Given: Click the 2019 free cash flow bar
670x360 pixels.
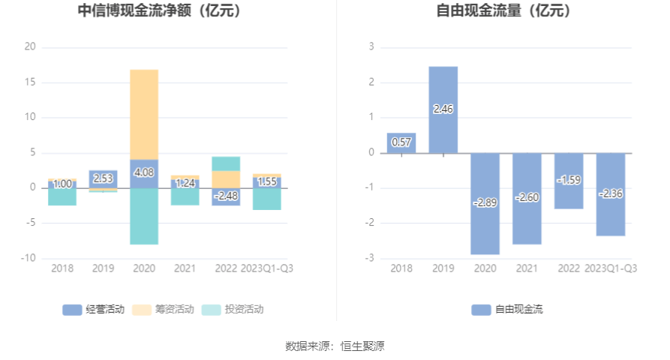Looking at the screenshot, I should (443, 109).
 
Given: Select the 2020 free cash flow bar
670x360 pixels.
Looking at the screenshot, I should (485, 203).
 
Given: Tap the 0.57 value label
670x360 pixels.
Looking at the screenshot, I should (401, 142).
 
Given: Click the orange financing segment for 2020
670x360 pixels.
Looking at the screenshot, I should (144, 114).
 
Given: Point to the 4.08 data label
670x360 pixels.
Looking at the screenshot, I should (144, 172).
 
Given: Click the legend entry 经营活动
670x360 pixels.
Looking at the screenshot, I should (94, 309).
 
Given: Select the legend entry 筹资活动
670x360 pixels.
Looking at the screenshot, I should (164, 309).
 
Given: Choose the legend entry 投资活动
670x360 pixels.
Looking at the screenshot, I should (233, 309).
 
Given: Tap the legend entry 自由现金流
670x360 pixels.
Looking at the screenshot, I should (507, 309).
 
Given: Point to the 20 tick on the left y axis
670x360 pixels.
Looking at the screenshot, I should (30, 46).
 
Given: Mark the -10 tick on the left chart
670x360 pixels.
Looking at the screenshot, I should (29, 258).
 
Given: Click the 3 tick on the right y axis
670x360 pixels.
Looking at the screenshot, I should (371, 46).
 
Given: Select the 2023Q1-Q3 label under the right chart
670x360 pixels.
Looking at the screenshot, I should (611, 268).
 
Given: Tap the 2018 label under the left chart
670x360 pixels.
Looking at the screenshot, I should (62, 268).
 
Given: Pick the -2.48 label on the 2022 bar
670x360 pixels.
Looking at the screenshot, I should (226, 196).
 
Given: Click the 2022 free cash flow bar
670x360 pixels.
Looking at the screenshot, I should (569, 181).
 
